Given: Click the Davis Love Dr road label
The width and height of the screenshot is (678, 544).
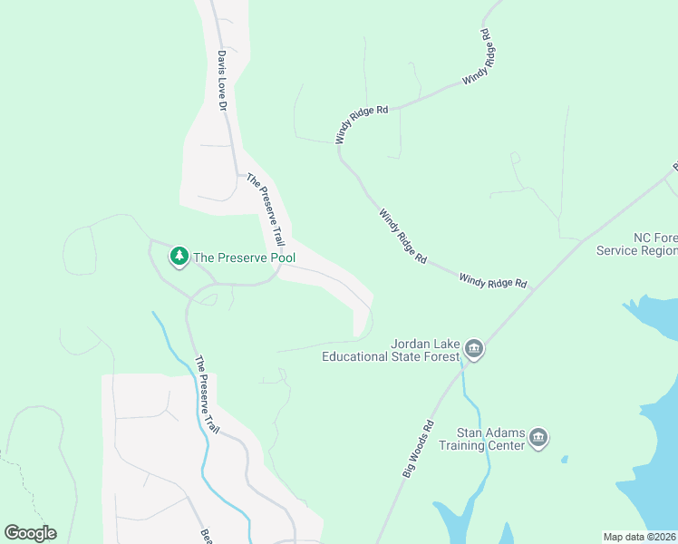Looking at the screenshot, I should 220,80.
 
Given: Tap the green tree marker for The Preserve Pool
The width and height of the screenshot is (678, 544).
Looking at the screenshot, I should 179,257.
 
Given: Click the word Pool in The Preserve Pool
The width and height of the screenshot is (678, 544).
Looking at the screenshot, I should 279,257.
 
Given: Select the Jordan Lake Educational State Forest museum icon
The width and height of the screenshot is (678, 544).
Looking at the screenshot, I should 473,349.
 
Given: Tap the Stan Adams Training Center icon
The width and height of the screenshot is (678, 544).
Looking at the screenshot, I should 538,439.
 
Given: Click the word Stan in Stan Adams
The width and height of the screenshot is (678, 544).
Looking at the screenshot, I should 467,432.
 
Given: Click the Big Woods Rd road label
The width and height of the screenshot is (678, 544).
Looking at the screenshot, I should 417,448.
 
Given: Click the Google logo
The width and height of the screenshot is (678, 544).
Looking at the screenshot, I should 30,533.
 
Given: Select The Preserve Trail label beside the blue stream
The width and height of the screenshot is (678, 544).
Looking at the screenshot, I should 207,393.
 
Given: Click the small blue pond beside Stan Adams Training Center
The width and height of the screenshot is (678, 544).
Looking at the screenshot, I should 563,459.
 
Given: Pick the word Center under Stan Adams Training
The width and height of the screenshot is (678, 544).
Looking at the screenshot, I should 506,445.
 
